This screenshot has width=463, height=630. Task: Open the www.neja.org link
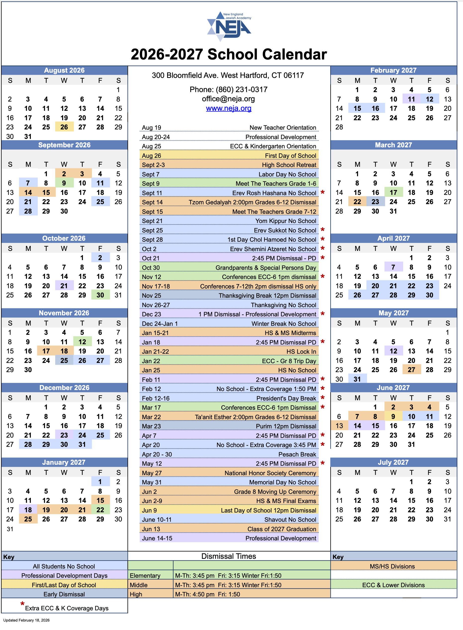pos(229,108)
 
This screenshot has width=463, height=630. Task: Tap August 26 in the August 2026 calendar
pos(64,127)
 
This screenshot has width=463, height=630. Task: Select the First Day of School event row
pos(229,156)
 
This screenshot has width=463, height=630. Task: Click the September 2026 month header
pos(64,145)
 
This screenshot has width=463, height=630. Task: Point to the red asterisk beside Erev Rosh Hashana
pos(323,192)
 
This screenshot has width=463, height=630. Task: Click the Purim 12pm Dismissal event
pos(229,426)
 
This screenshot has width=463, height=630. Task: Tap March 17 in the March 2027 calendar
pos(393,192)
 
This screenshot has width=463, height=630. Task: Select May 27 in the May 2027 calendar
pos(411,370)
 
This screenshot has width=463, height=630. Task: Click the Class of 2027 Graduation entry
pos(229,529)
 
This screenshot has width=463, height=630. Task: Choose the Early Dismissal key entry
pos(64,594)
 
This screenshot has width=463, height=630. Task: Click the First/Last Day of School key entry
pos(64,585)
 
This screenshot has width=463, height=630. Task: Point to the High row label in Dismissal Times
pos(136,594)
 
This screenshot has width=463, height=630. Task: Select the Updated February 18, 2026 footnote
pos(26,620)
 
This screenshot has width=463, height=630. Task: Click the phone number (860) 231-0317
pos(229,89)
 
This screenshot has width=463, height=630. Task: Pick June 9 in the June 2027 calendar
pos(393,416)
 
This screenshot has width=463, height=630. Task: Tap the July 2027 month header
pos(393,462)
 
